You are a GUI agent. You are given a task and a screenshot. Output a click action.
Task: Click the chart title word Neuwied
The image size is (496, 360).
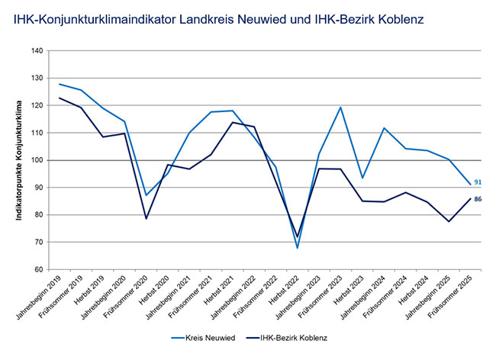pyautogui.click(x=263, y=20)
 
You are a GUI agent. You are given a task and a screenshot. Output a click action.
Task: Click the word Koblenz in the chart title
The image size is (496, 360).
pyautogui.click(x=401, y=20)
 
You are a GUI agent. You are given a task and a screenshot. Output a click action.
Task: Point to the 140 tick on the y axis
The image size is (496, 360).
pyautogui.click(x=37, y=51)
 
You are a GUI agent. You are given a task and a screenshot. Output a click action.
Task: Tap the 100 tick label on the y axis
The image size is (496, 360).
pyautogui.click(x=37, y=160)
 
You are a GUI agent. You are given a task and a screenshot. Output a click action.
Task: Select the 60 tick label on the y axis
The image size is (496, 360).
pyautogui.click(x=39, y=269)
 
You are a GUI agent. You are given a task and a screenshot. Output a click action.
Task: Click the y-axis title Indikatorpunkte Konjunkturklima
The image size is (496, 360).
pyautogui.click(x=19, y=160)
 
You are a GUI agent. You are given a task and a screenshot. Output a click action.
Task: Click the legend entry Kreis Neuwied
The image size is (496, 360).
pyautogui.click(x=204, y=338)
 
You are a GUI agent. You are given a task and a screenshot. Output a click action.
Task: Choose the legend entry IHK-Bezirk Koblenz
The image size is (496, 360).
pyautogui.click(x=287, y=338)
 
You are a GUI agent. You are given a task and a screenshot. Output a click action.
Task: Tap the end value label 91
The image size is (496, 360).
pyautogui.click(x=478, y=182)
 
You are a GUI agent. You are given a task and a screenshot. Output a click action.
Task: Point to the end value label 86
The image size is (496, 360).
pyautogui.click(x=478, y=199)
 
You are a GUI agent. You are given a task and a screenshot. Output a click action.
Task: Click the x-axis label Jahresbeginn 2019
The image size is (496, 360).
pyautogui.click(x=39, y=297)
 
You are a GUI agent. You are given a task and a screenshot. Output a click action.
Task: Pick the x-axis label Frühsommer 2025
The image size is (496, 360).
pyautogui.click(x=450, y=297)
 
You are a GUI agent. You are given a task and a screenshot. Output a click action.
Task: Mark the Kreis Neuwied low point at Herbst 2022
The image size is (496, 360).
pyautogui.click(x=298, y=248)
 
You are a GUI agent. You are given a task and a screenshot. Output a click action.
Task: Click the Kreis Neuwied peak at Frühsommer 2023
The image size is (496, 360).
pyautogui.click(x=340, y=107)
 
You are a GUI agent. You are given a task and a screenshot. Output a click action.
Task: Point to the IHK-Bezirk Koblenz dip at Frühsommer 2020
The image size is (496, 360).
pyautogui.click(x=147, y=218)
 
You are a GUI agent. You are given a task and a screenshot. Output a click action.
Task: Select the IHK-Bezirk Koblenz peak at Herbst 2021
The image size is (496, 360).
pyautogui.click(x=233, y=122)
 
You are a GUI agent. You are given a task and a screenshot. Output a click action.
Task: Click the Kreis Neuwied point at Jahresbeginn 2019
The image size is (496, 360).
pyautogui.click(x=60, y=84)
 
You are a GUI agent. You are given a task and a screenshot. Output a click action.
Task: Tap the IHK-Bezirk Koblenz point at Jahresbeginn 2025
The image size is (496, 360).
pyautogui.click(x=449, y=221)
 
